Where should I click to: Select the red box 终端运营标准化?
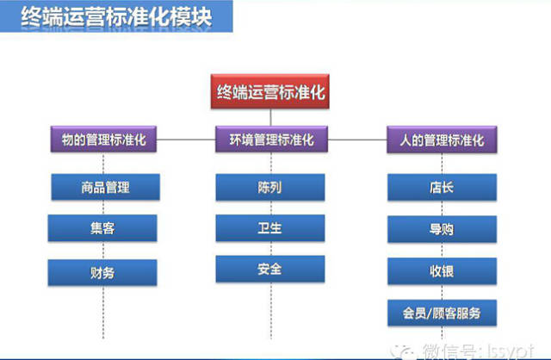(x=270, y=90)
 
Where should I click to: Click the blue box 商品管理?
(x=102, y=187)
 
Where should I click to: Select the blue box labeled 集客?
(x=102, y=229)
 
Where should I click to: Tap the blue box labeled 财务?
(x=102, y=272)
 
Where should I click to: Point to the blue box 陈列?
(x=270, y=187)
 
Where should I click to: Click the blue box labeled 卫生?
(x=270, y=229)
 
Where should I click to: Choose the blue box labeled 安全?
(x=270, y=270)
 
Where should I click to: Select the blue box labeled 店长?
(x=442, y=187)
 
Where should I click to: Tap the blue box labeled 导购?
(x=442, y=229)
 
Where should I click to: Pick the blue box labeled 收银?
(x=442, y=270)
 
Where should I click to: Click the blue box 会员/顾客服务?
(x=442, y=312)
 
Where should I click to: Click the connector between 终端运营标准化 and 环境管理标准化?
(x=270, y=116)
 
